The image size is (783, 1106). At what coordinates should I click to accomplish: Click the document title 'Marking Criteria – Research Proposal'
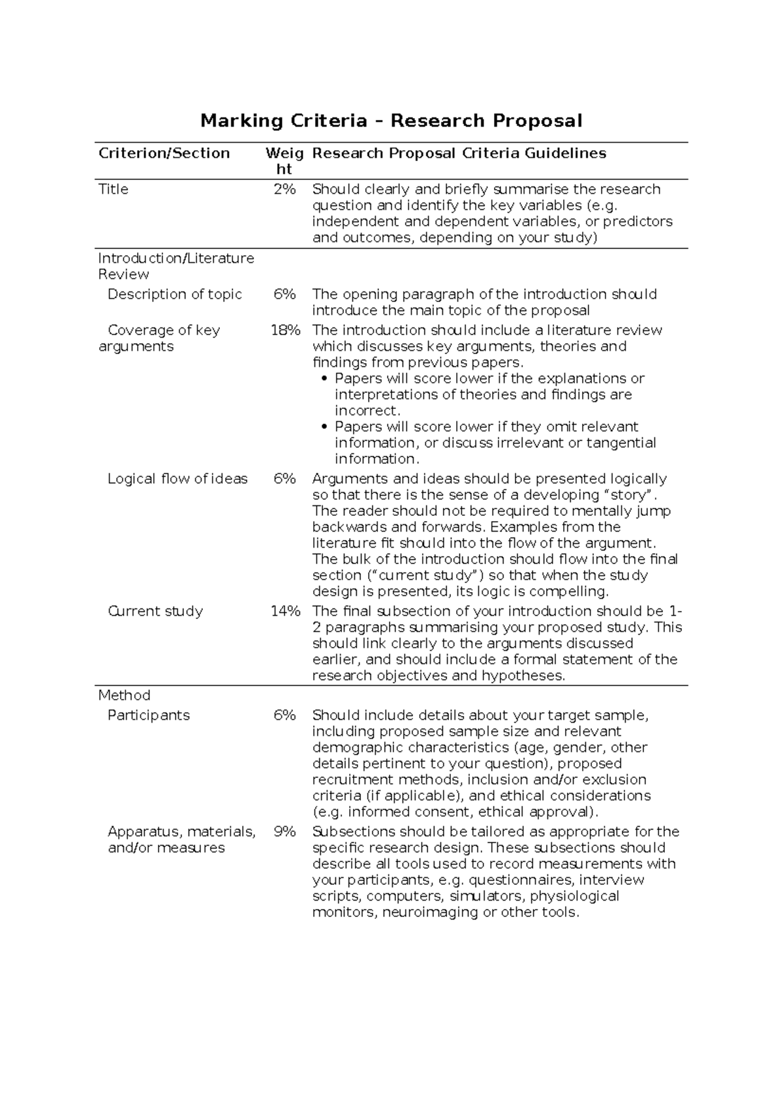tap(391, 121)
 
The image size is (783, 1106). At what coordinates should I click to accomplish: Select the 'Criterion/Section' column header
tap(164, 153)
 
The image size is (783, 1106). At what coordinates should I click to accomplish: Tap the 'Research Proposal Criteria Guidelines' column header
tap(459, 153)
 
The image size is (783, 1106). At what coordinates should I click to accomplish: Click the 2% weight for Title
tap(284, 189)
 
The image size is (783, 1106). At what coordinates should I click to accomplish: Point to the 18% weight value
tap(285, 330)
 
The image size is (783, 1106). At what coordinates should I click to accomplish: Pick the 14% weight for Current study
tap(285, 611)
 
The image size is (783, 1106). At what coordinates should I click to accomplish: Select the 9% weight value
tap(284, 831)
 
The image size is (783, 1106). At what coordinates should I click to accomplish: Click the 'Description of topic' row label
tap(174, 294)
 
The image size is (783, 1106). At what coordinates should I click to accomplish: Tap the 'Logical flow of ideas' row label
tap(177, 479)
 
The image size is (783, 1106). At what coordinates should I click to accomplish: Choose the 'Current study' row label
tap(155, 611)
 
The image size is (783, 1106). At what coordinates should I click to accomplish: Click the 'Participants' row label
tap(148, 715)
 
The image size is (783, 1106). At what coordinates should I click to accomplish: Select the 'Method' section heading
tap(124, 695)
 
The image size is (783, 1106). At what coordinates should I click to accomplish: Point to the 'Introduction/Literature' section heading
tap(176, 258)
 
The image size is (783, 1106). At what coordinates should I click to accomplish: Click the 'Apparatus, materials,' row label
tap(181, 831)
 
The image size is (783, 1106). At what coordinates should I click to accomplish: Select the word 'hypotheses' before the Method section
tap(523, 676)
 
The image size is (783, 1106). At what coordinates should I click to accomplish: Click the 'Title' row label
tap(113, 189)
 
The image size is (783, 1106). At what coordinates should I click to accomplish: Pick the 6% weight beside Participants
tap(284, 715)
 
